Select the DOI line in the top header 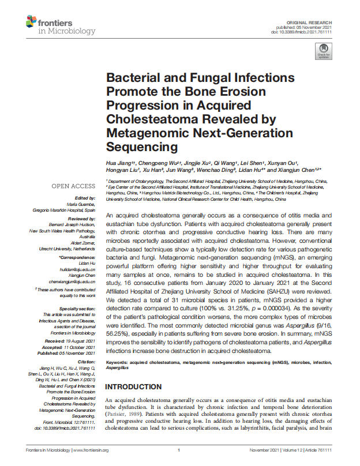[302, 31]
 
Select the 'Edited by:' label [85, 198]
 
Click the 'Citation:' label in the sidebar [85, 362]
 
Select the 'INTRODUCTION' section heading [133, 386]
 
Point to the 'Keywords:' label [117, 362]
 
